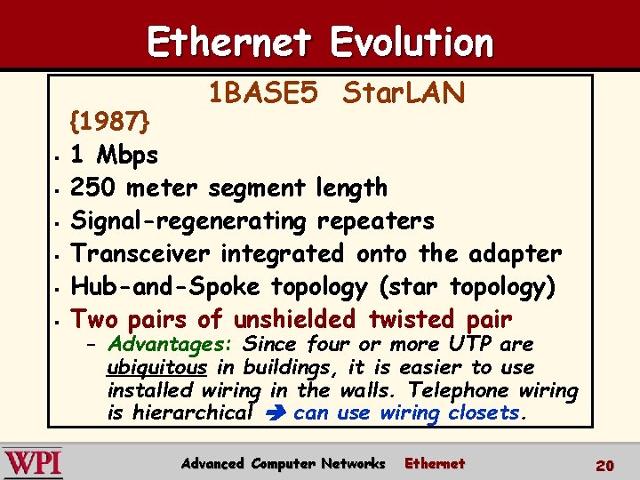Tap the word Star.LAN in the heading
coord(404,92)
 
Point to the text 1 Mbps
coord(115,155)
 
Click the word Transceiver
coord(141,253)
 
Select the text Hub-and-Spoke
coord(166,286)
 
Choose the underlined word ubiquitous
coord(156,367)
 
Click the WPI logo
coord(33,463)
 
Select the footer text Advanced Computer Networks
coord(283,463)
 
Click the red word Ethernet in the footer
coord(435,463)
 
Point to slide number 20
coord(605,465)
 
